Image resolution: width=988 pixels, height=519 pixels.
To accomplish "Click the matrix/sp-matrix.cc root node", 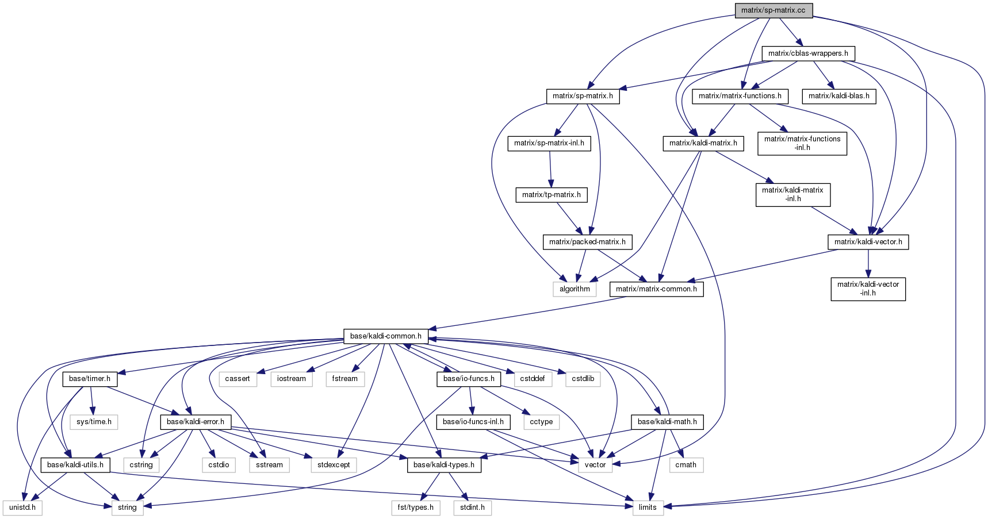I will [x=773, y=10].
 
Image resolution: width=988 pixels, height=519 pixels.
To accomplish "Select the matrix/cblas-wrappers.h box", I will [x=808, y=53].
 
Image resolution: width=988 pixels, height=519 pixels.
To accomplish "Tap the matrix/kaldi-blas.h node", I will [x=839, y=96].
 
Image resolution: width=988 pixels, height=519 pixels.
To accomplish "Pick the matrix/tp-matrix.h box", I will [x=552, y=195].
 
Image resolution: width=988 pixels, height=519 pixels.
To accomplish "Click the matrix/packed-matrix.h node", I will [x=587, y=242].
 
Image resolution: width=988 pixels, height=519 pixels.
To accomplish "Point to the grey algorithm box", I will [x=575, y=289].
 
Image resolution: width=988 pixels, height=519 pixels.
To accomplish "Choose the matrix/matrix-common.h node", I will [x=656, y=289].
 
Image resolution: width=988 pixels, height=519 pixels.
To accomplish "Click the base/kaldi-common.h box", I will [x=386, y=336].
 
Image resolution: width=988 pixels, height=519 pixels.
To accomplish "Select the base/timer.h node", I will [x=90, y=379].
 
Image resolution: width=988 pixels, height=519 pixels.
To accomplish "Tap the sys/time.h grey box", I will [x=94, y=422].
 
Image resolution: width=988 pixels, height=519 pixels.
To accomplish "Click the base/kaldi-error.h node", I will [x=196, y=422].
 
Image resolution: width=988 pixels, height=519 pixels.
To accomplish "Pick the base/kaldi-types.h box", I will [x=444, y=465].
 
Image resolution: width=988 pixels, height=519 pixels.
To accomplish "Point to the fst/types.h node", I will [x=416, y=508].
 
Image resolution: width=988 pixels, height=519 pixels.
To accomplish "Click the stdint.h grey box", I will [x=473, y=508].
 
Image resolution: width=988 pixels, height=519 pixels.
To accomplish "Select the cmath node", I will [x=686, y=465].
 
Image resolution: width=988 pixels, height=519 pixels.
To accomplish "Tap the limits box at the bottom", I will [x=648, y=508].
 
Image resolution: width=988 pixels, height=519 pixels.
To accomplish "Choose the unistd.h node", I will [x=22, y=508].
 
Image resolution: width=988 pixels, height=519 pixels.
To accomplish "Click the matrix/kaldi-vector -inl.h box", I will [x=868, y=289].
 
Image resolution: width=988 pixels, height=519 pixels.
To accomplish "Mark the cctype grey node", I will [x=541, y=422].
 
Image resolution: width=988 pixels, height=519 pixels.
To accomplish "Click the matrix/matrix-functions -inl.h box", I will [x=802, y=143].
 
